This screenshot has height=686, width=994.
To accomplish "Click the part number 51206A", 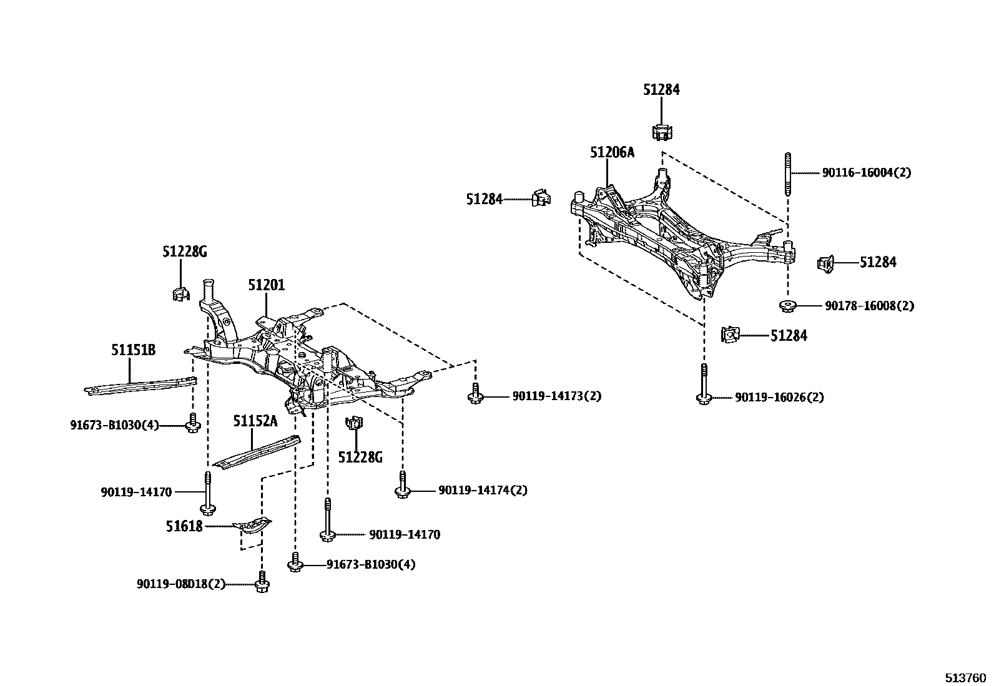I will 612,152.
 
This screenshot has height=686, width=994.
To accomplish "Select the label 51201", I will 266,285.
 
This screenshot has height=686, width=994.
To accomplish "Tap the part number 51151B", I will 133,350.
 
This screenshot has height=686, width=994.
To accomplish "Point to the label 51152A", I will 255,421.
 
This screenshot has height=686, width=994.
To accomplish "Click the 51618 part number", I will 184,527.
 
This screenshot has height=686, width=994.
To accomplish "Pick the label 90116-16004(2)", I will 866,173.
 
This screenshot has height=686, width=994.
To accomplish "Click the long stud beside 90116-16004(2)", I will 789,175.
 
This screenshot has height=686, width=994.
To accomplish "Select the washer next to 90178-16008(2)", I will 789,306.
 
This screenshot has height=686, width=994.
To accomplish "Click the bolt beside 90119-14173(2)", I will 476,394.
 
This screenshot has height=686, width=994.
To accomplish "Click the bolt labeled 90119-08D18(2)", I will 262,582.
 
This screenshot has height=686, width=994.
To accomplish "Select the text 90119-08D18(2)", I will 181,584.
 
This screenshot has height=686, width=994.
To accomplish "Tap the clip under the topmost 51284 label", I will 662,132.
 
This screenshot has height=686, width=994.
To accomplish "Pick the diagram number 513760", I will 965,677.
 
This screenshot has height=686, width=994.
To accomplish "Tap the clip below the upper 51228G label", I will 180,293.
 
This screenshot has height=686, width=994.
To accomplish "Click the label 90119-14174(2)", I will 482,491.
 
